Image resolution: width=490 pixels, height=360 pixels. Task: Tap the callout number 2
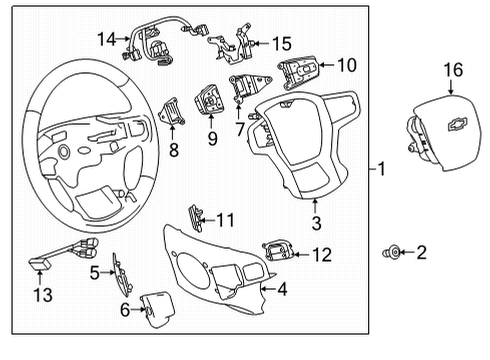[421, 254]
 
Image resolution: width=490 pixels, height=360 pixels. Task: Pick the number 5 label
[94, 271]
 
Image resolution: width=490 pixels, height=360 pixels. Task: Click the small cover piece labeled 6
[155, 312]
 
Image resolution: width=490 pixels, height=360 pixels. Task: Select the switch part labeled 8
[170, 108]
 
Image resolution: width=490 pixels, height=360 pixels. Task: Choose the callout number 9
[212, 139]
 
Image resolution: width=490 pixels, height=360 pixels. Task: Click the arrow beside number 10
[331, 66]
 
